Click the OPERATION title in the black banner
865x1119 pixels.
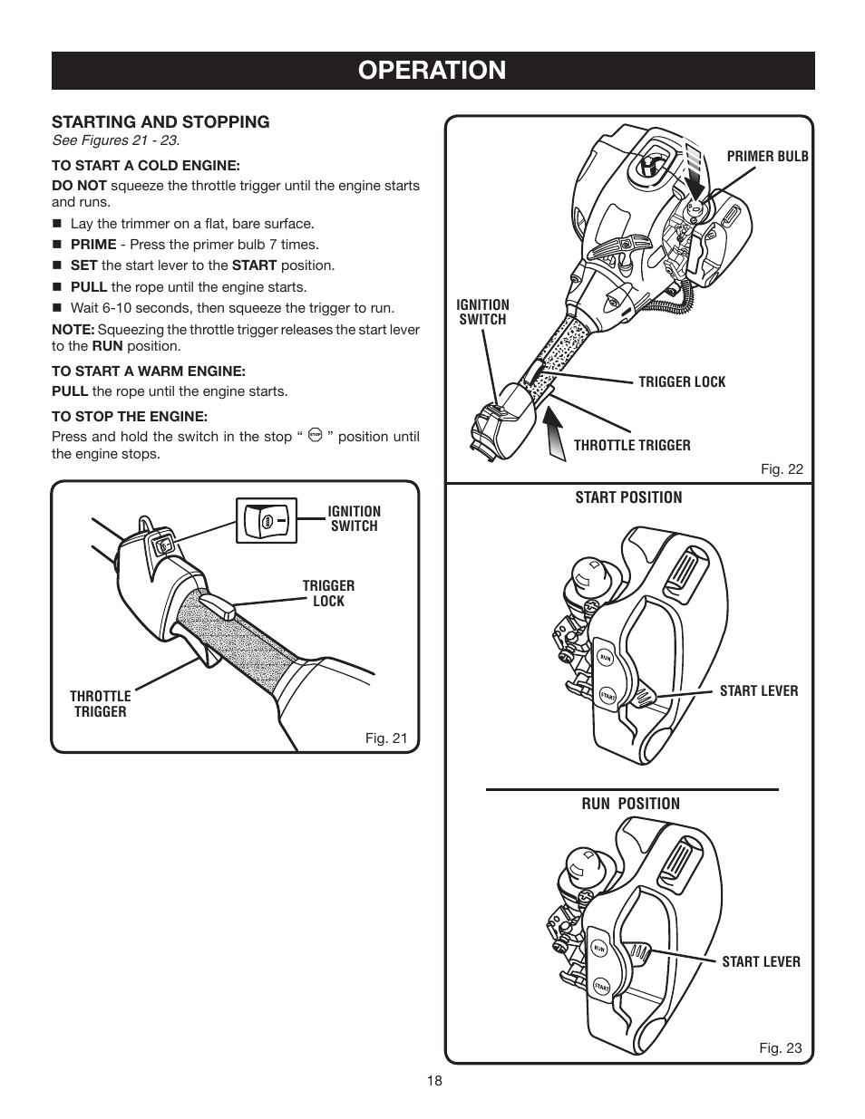pos(432,70)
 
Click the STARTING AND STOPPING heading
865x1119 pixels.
pos(160,121)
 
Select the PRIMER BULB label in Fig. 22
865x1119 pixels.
pos(767,156)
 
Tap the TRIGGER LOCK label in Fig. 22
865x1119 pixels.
pos(682,381)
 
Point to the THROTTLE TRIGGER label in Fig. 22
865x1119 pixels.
pos(632,445)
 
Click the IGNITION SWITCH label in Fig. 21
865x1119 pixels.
pos(354,518)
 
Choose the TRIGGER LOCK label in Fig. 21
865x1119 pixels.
pos(328,593)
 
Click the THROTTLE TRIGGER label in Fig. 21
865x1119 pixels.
pos(100,704)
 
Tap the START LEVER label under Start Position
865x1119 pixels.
pos(758,690)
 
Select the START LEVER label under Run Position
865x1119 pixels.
pos(761,961)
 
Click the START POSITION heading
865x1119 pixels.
pos(628,497)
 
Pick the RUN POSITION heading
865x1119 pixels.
pos(630,803)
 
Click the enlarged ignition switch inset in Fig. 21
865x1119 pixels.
pos(267,521)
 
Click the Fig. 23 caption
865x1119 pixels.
pos(780,1047)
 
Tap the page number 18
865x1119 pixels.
pos(432,1081)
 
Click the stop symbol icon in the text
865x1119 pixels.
pos(315,437)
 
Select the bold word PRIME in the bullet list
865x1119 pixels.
pos(93,244)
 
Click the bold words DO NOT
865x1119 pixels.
pos(79,185)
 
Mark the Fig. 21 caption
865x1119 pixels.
pos(386,738)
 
